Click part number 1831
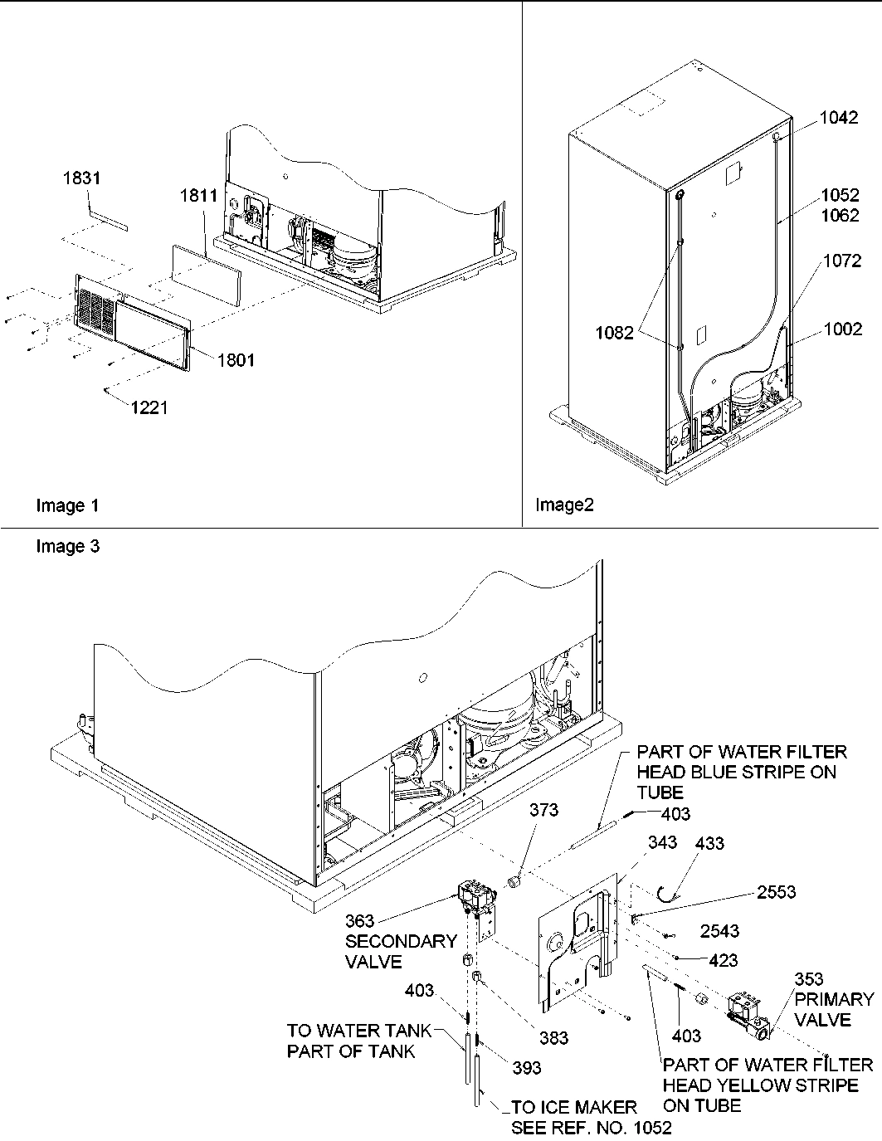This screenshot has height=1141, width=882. (81, 178)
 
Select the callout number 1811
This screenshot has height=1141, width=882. (198, 196)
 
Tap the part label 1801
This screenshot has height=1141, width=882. (236, 359)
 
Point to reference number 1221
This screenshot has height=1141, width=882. (149, 407)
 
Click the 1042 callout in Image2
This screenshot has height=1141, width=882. (839, 118)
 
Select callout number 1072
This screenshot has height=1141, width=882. (842, 261)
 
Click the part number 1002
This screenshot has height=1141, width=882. (842, 329)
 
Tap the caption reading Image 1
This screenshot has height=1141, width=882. (61, 506)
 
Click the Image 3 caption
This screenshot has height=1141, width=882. (68, 547)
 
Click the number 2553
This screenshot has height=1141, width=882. (775, 892)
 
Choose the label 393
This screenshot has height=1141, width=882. (525, 1067)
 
